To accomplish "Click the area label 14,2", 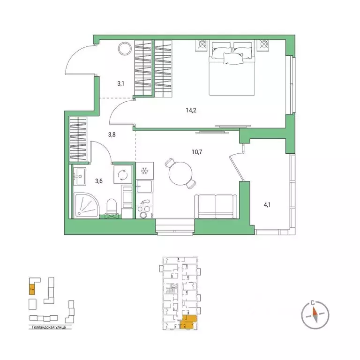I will tap(190, 111).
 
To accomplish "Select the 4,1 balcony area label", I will tap(268, 204).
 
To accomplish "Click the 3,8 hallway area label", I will tap(112, 135).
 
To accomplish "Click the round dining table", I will tap(178, 175).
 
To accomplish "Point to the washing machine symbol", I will tap(123, 175).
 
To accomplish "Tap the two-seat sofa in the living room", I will tap(216, 206).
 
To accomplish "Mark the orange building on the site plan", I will tap(32, 287).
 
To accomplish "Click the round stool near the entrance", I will tap(126, 48).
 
